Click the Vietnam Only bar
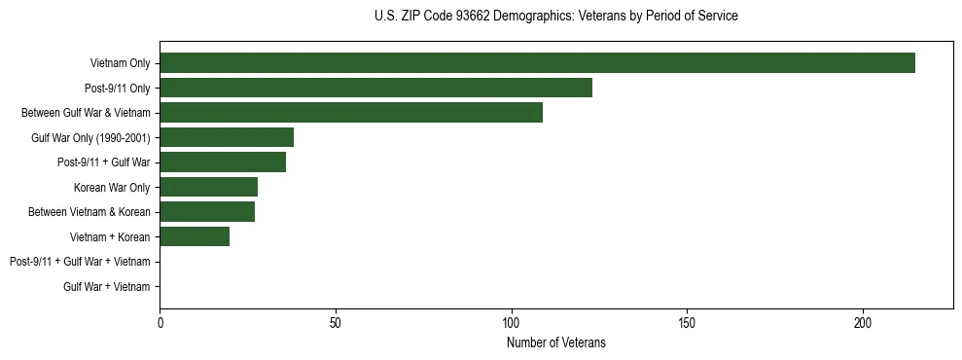point(537,63)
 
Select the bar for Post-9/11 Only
point(375,88)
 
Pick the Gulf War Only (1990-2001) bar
point(227,137)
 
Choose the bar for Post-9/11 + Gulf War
point(223,162)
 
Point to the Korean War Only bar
point(208,187)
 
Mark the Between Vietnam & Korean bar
point(207,212)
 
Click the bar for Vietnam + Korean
point(195,236)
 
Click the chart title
point(555,17)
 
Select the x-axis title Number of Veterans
point(555,342)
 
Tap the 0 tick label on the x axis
point(160,322)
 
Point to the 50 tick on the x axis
point(336,322)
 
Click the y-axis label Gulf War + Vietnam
point(107,287)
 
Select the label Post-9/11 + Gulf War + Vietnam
point(80,262)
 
